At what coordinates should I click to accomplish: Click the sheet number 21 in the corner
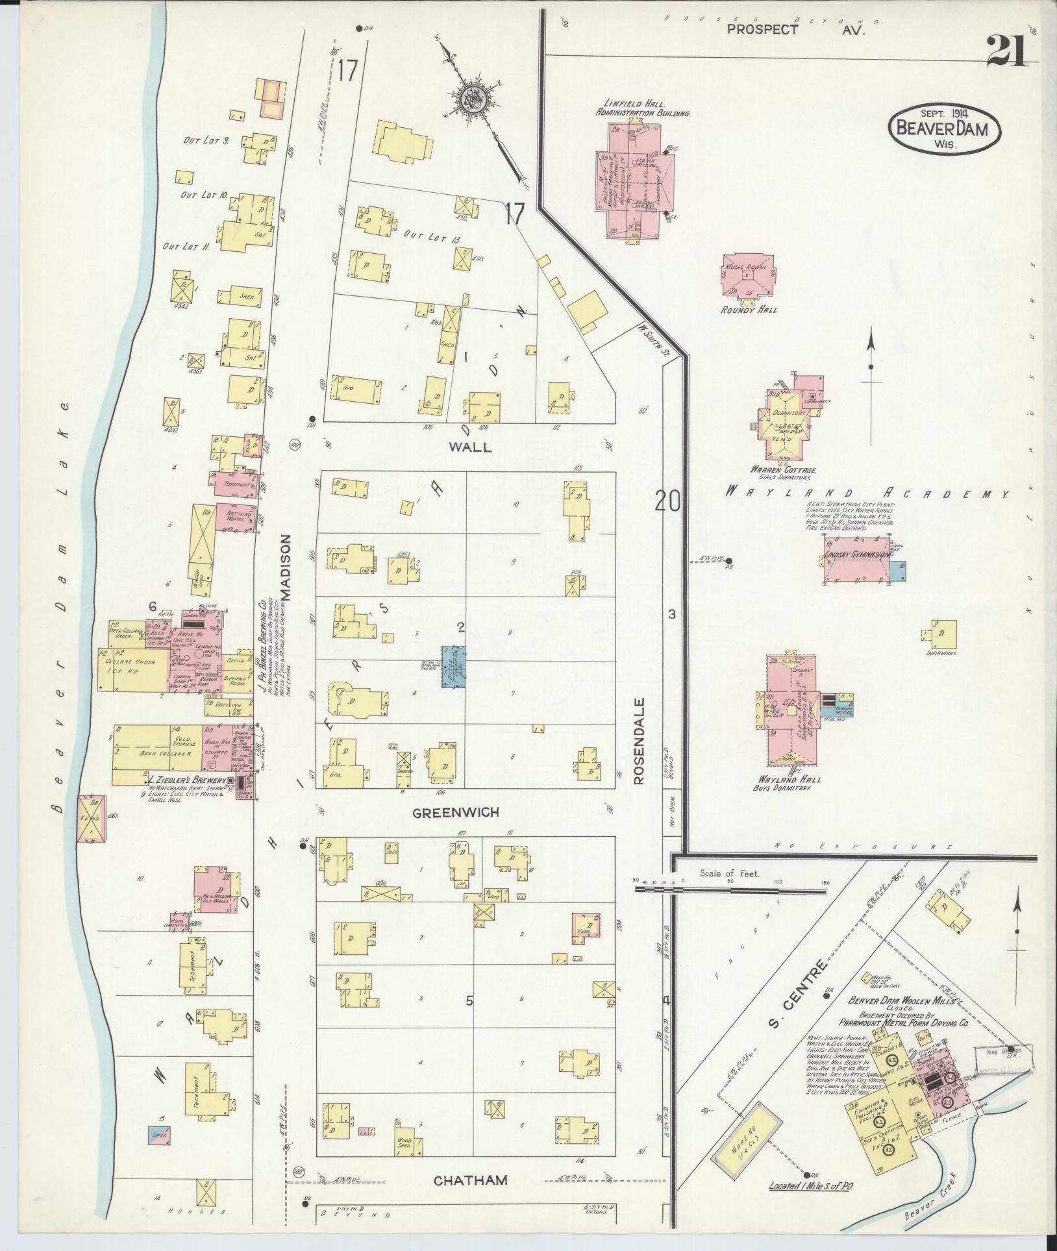1007,52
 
